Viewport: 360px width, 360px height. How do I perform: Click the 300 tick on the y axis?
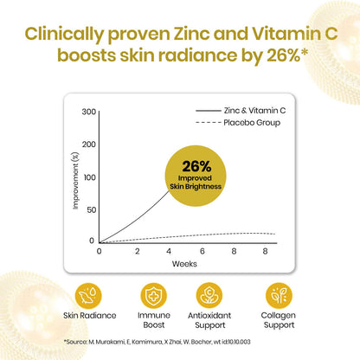click(88, 112)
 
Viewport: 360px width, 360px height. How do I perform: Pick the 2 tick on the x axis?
click(138, 250)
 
